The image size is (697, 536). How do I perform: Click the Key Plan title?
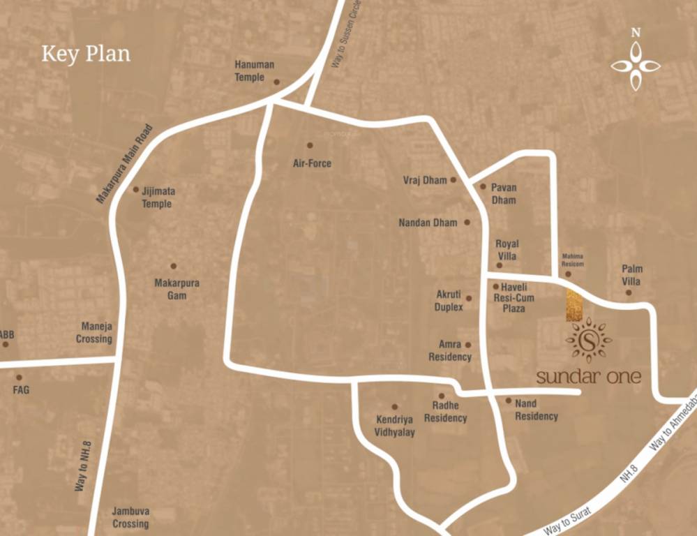click(x=86, y=54)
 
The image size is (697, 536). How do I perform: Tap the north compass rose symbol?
click(x=636, y=66)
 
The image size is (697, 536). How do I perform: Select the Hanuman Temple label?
click(x=254, y=70)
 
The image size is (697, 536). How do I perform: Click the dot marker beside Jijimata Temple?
click(x=136, y=189)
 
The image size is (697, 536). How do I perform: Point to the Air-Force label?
click(x=312, y=163)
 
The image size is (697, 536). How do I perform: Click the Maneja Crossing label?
click(x=96, y=332)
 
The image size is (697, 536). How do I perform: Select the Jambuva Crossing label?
click(x=130, y=517)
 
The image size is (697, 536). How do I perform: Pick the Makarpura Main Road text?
click(x=124, y=163)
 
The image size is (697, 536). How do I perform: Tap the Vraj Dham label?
click(x=424, y=180)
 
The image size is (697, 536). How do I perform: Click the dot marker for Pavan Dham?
click(x=482, y=186)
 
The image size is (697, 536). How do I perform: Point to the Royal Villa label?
click(x=507, y=250)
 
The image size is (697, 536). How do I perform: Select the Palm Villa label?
click(x=632, y=275)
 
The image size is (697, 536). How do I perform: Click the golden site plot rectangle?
click(x=574, y=305)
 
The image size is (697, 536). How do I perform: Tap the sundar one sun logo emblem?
click(x=588, y=340)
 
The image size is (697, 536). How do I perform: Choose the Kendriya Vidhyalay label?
click(x=395, y=426)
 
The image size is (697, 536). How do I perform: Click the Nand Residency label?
click(x=536, y=410)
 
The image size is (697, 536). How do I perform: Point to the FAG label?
click(x=21, y=390)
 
